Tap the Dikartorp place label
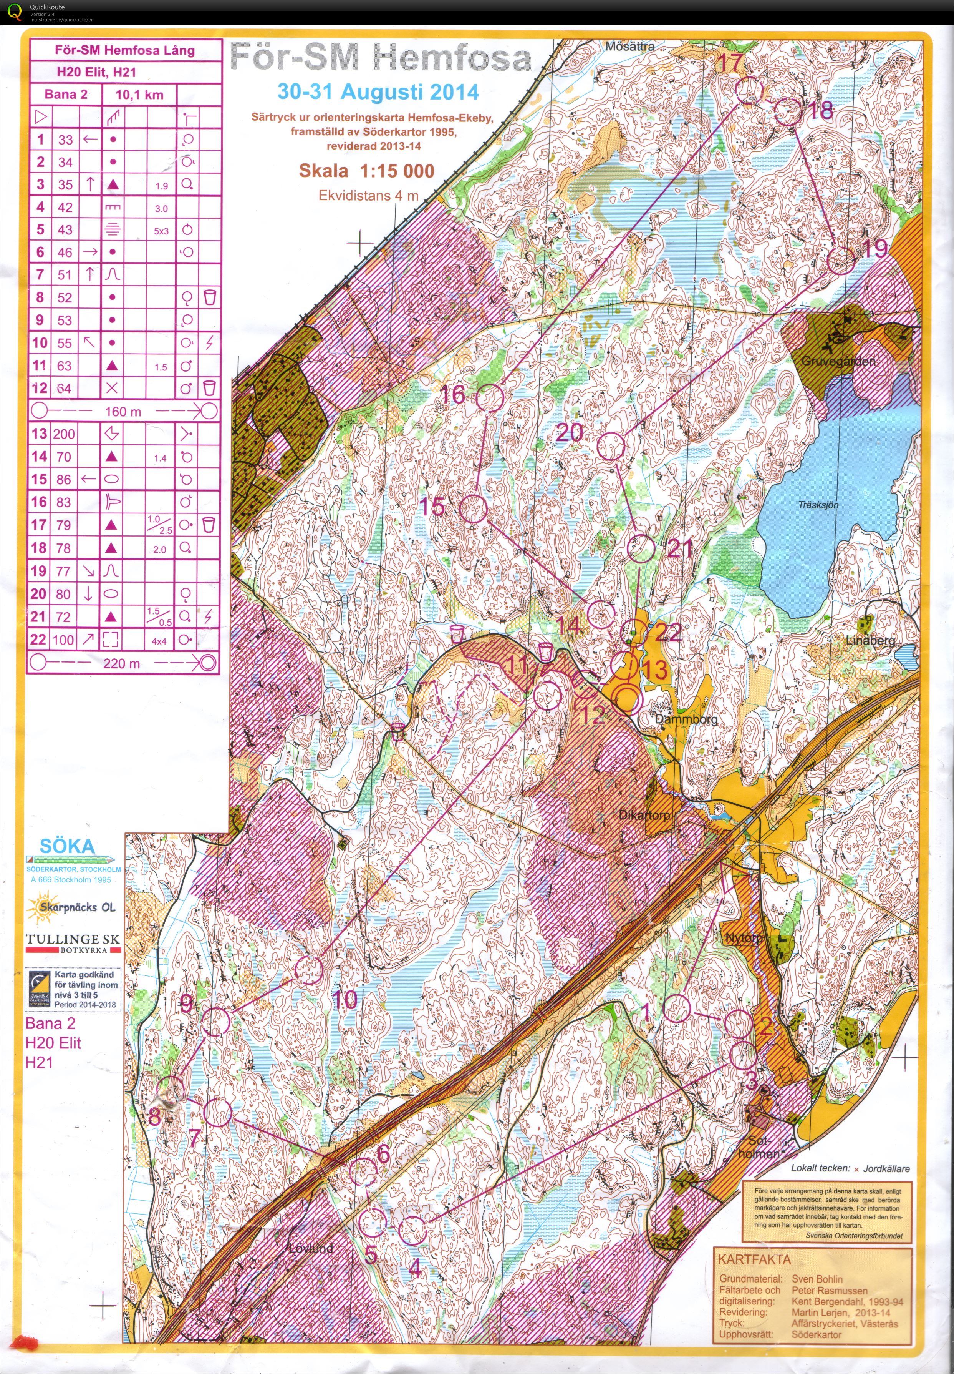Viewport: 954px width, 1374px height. tap(643, 815)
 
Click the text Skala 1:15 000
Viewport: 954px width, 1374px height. tap(366, 171)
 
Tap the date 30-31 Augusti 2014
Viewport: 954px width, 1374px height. tap(378, 91)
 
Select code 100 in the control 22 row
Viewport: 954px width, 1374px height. tap(63, 640)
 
